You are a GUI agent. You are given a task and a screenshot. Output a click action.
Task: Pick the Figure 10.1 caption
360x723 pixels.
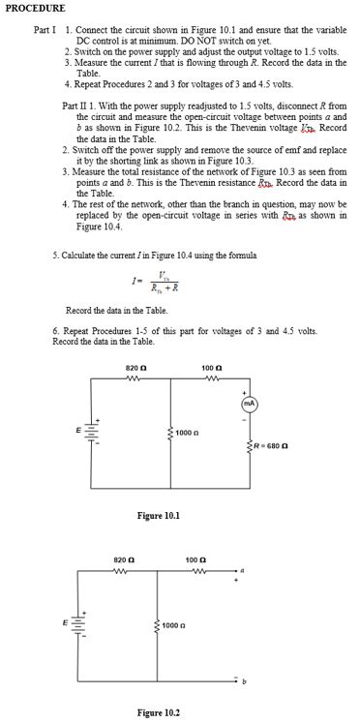(157, 516)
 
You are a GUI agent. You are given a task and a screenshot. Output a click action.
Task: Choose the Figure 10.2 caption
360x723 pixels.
(157, 712)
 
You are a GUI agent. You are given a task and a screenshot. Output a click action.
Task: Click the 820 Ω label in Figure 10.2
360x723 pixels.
(123, 559)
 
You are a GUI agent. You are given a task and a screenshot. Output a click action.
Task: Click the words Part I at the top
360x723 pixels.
(45, 30)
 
